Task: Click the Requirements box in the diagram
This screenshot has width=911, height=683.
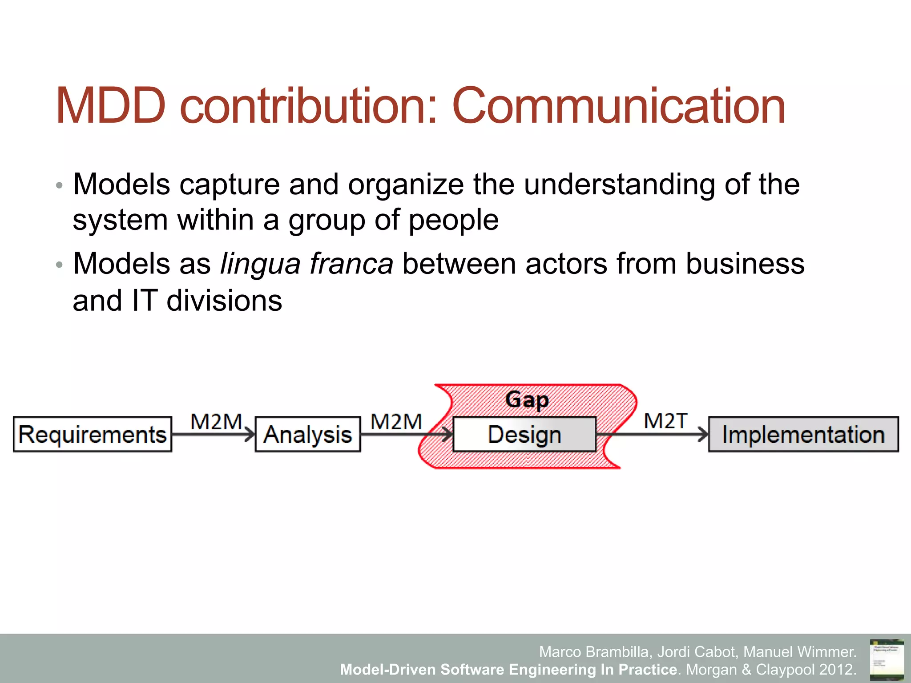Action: tap(93, 434)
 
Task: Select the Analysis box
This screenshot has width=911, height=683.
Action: tap(308, 434)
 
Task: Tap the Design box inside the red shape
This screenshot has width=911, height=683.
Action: tap(524, 434)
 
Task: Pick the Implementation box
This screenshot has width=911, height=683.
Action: tap(803, 434)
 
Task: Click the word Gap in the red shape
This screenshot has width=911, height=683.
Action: tap(527, 400)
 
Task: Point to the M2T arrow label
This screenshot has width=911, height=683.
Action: tap(665, 421)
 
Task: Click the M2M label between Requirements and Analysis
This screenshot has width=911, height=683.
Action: tap(216, 422)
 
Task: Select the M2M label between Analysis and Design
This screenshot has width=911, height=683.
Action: tap(396, 422)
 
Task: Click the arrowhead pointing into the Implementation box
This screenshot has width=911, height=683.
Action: tap(703, 434)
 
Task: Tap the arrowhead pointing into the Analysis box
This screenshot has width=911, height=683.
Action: tap(250, 434)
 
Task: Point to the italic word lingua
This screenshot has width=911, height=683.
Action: tap(260, 264)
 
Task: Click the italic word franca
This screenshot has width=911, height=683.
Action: tap(351, 263)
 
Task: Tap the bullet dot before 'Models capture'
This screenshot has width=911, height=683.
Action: tap(59, 185)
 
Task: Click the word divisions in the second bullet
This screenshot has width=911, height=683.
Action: tap(224, 301)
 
